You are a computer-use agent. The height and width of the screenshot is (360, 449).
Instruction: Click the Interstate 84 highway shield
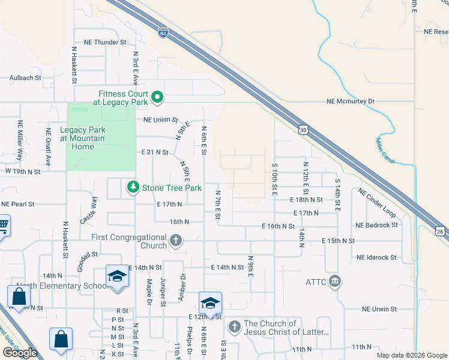coord(163,33)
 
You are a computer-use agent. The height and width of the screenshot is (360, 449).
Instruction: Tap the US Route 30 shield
coord(304,130)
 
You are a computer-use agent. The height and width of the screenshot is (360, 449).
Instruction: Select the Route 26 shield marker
coord(441,231)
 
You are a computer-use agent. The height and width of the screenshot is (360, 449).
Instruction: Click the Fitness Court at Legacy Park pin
coord(157,97)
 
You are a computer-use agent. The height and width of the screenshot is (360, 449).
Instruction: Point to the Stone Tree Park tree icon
coord(133,188)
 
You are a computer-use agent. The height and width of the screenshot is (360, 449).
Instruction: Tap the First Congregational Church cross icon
coord(176,241)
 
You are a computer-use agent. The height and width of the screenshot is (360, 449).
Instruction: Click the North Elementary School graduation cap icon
coord(117,277)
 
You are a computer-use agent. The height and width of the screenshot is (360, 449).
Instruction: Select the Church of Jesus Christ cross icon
coord(234,328)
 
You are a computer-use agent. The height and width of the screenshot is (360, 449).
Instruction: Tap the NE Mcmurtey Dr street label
coord(350,102)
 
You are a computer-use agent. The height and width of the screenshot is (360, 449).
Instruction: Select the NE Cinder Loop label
coord(376,203)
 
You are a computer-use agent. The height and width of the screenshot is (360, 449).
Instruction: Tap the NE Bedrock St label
coord(376,226)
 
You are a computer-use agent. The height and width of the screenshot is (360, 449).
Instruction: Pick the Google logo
coord(20,353)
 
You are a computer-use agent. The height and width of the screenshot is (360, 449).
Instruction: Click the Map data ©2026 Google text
coord(411,355)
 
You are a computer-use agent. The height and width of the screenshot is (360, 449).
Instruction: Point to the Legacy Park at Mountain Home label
coord(82,139)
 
